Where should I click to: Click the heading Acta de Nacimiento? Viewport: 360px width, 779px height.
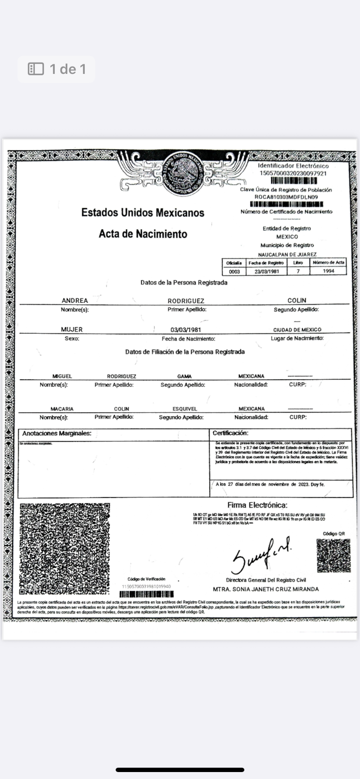[143, 234]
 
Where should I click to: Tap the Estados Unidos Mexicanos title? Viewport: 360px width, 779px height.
[143, 213]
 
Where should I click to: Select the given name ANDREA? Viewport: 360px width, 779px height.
[75, 300]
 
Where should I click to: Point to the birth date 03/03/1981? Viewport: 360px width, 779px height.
[186, 330]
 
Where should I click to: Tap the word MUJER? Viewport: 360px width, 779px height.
[72, 330]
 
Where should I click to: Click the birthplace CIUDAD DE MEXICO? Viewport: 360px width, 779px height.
[297, 330]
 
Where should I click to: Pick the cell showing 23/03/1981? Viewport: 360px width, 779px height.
[267, 271]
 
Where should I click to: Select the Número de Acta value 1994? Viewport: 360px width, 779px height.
[329, 271]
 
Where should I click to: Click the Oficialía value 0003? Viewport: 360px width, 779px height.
[234, 271]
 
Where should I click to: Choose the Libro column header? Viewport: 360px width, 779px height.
[298, 263]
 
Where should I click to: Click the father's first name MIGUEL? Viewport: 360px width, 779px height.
[62, 376]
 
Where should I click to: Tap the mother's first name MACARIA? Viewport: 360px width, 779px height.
[62, 409]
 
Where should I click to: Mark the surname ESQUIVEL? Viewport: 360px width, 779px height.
[185, 409]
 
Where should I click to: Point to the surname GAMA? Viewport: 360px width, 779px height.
[184, 376]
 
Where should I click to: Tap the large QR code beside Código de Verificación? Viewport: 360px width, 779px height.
[65, 549]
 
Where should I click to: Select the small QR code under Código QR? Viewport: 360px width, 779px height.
[333, 555]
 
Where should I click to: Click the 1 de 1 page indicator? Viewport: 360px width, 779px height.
[57, 69]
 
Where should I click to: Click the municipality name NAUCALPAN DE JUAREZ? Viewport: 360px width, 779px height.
[287, 254]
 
